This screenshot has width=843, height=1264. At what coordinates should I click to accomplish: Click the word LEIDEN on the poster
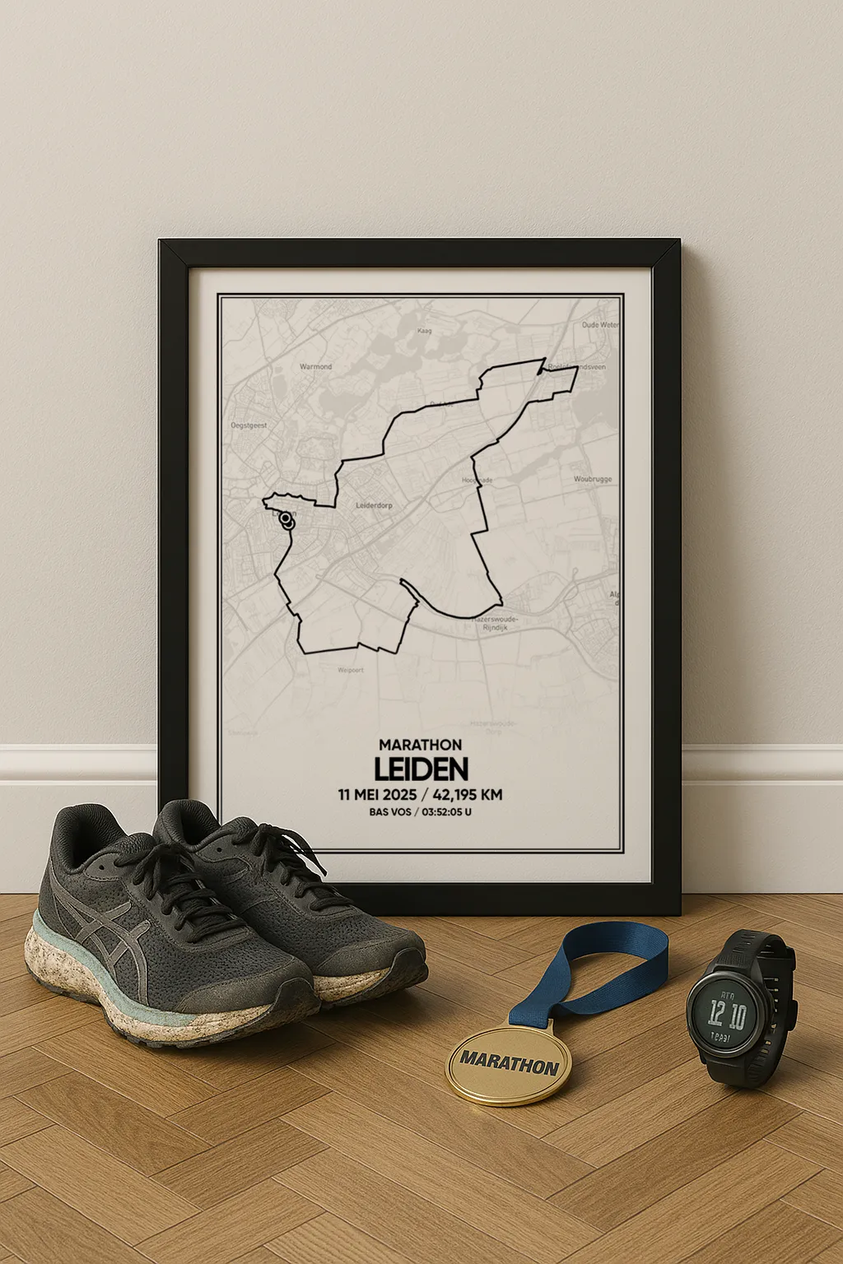pos(421,769)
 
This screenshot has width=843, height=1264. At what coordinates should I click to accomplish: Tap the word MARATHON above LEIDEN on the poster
pos(421,745)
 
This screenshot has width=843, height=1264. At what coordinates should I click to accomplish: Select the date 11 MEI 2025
pos(377,795)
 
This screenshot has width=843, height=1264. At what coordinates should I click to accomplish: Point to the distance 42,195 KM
pos(468,795)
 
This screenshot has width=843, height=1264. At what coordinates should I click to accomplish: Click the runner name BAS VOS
pos(390,812)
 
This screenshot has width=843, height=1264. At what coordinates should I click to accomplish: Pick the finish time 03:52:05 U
pos(447,812)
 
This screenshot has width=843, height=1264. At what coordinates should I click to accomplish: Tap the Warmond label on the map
pos(315,366)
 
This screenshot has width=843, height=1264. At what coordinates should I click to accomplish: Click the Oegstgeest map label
pos(249,425)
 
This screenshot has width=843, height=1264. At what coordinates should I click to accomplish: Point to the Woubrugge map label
pos(593,479)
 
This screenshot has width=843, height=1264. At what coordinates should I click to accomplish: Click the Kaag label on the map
pos(425,331)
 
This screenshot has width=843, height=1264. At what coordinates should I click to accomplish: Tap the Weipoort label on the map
pos(350,671)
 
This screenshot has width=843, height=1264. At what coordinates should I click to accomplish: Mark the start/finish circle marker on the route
pos(286,519)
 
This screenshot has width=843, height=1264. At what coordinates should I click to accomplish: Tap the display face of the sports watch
pos(727,1015)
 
